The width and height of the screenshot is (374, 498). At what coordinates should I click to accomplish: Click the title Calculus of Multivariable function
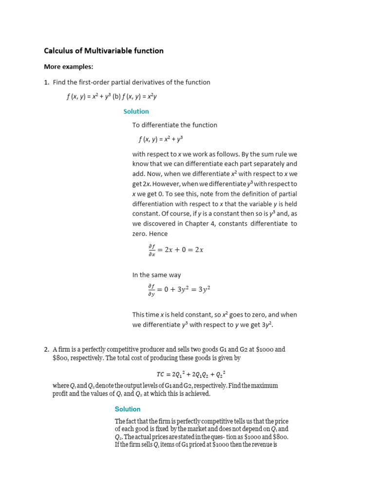pyautogui.click(x=104, y=51)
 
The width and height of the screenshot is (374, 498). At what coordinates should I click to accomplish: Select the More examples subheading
pyautogui.click(x=68, y=67)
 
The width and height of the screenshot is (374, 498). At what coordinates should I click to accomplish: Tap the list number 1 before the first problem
pyautogui.click(x=46, y=82)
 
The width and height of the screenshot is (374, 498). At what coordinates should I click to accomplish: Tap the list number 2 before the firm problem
pyautogui.click(x=46, y=349)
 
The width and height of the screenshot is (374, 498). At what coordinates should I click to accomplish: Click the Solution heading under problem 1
pyautogui.click(x=136, y=111)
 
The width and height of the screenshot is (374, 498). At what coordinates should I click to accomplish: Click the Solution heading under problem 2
pyautogui.click(x=128, y=409)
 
